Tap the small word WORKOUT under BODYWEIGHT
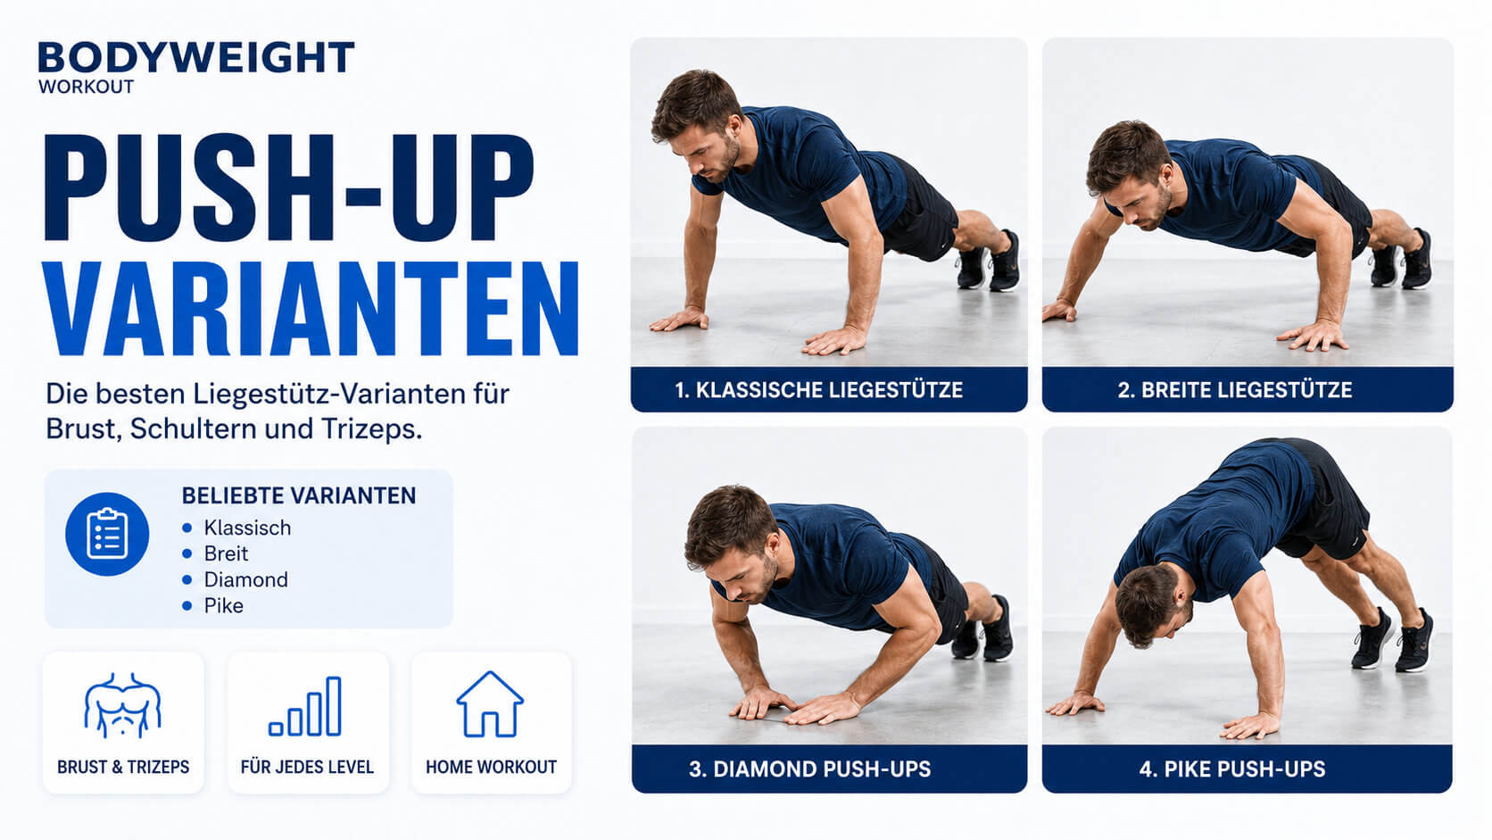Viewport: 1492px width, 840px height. pyautogui.click(x=86, y=87)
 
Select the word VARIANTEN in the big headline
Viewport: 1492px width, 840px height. pyautogui.click(x=311, y=309)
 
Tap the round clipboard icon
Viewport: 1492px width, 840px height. pyautogui.click(x=106, y=534)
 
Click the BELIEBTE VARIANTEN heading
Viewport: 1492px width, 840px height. pyautogui.click(x=299, y=495)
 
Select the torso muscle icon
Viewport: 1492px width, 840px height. pyautogui.click(x=122, y=705)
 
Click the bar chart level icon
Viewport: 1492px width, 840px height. pyautogui.click(x=305, y=706)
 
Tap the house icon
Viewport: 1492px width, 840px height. pyautogui.click(x=490, y=704)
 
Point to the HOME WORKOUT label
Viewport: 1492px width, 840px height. pyautogui.click(x=491, y=768)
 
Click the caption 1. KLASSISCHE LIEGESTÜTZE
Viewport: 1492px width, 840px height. pyautogui.click(x=818, y=390)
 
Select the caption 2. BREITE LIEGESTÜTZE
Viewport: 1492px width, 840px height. pyautogui.click(x=1235, y=390)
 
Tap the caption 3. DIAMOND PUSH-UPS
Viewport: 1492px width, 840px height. pyautogui.click(x=810, y=769)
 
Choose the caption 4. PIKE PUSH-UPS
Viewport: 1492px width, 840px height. pyautogui.click(x=1232, y=769)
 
